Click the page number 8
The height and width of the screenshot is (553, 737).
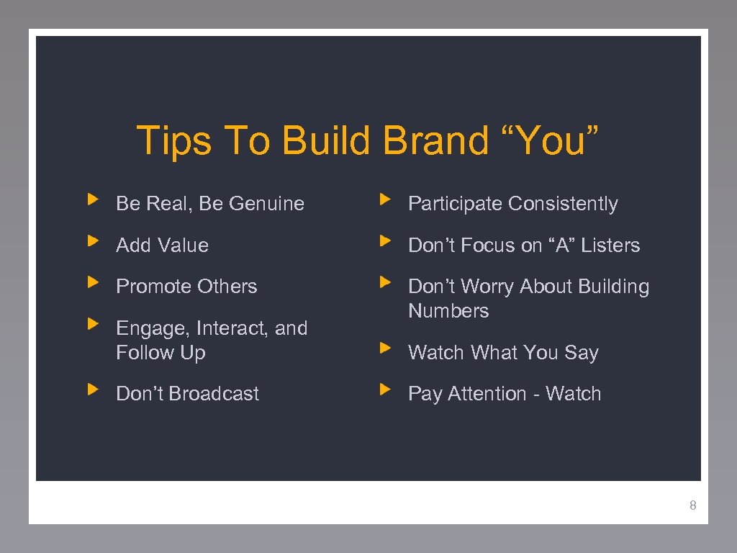pos(692,505)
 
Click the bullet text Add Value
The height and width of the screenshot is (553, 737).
pos(163,246)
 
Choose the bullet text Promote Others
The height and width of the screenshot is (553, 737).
pos(186,287)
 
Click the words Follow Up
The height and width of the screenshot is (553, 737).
pos(161,353)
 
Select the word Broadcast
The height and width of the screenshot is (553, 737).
pos(214,394)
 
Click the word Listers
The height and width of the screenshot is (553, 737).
pos(610,246)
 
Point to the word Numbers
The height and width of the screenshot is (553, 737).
pos(448,311)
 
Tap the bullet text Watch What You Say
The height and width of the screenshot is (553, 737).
pos(503,353)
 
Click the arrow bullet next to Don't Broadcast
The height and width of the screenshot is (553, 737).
pos(91,390)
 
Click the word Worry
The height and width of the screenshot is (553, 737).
pos(487,287)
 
